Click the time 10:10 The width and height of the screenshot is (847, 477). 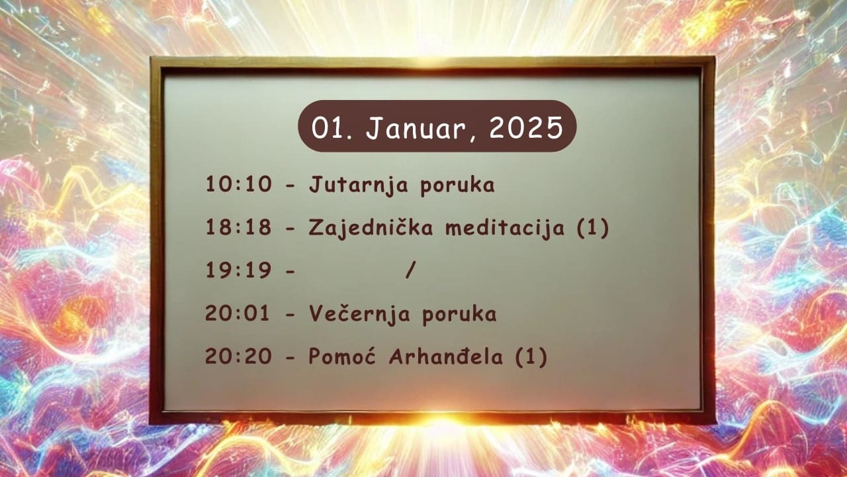pos(239,184)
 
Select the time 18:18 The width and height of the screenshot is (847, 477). pos(239,227)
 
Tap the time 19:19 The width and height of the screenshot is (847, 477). pos(239,270)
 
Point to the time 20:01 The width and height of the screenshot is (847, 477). pos(238,313)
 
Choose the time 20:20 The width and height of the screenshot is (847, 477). pos(238,356)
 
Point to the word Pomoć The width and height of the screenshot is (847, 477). pos(342,356)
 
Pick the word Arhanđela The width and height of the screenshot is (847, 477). pos(446,356)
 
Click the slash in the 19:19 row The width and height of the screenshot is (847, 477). pos(411,270)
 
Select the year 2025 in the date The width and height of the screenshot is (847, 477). pos(526,128)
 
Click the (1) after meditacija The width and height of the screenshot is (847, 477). pos(592,228)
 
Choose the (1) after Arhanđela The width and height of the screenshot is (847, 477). pos(531,356)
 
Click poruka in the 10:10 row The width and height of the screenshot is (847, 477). pos(457,186)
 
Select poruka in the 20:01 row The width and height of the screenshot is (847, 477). pos(459,315)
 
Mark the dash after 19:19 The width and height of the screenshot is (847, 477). pos(290,271)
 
